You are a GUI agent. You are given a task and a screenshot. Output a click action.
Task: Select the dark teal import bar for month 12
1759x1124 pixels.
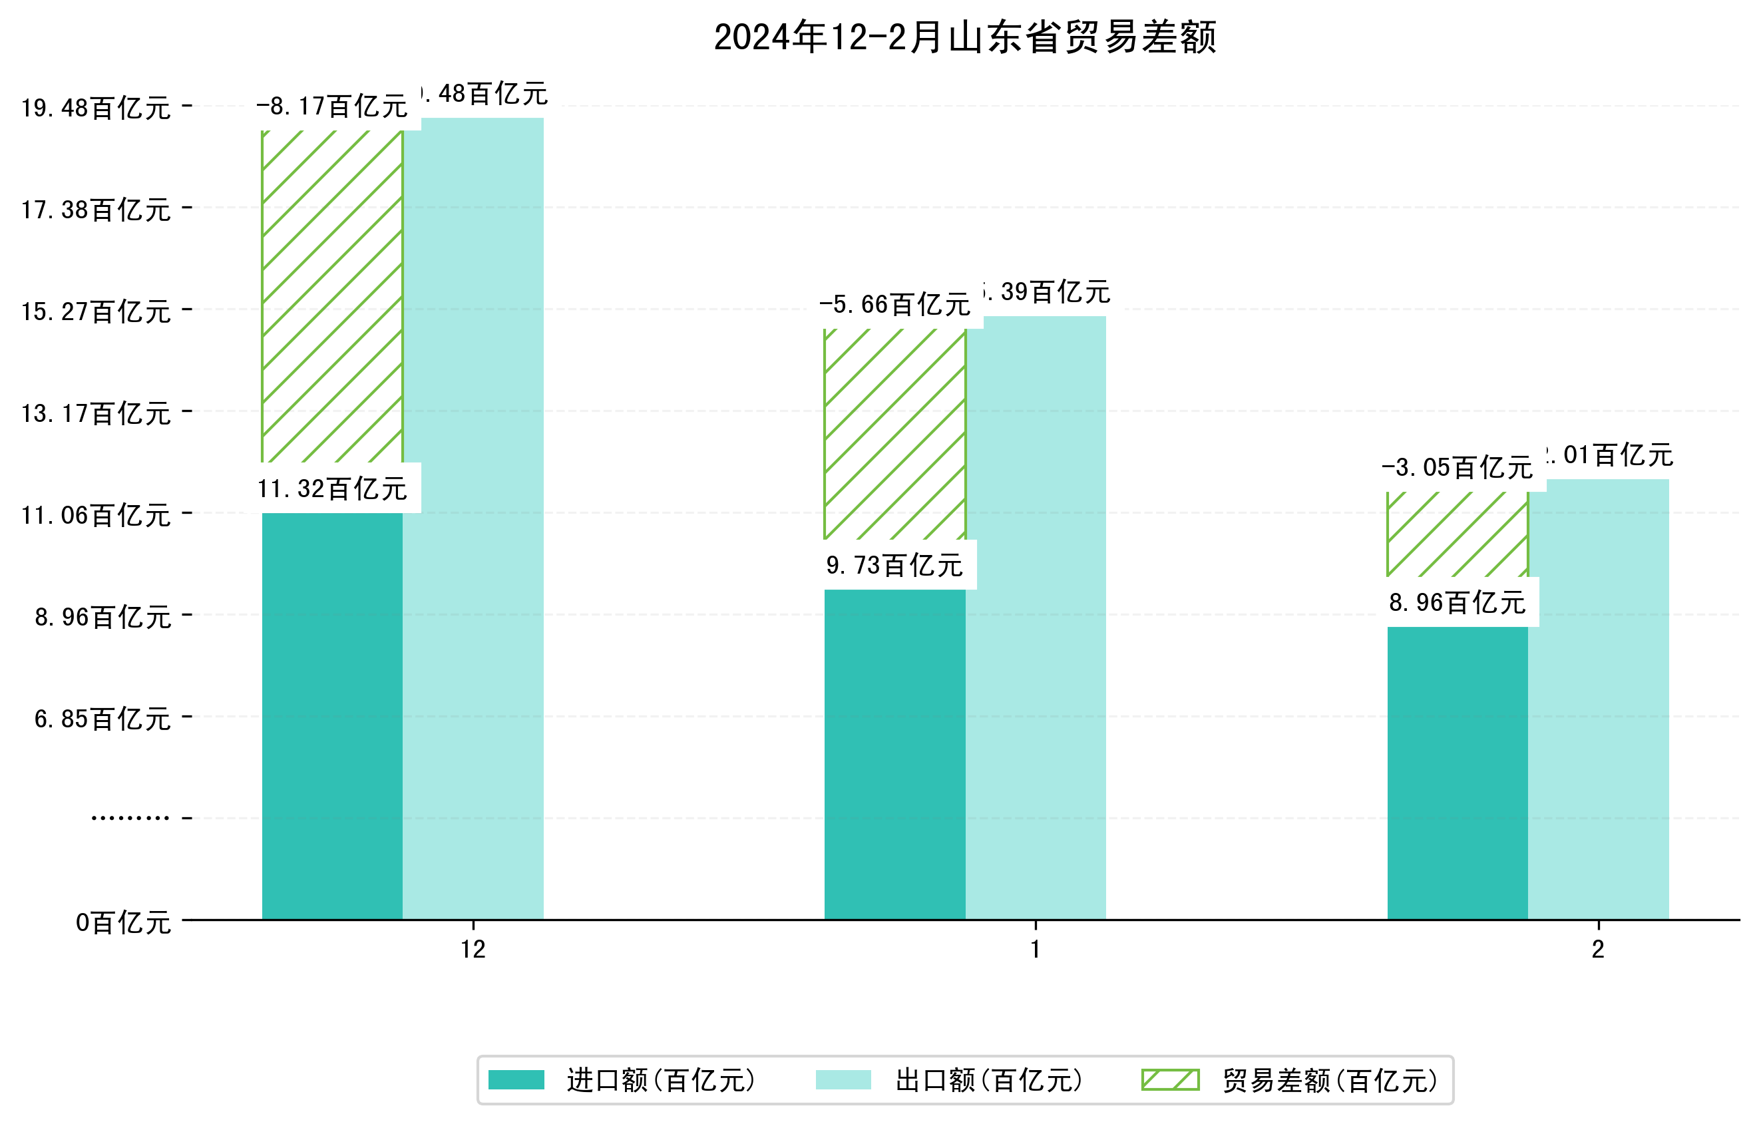(332, 716)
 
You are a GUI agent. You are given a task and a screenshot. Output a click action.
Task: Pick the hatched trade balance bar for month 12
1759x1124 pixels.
(332, 295)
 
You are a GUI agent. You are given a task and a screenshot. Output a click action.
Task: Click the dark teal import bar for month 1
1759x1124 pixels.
(895, 752)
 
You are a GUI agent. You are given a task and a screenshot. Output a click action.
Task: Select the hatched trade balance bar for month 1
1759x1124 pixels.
(895, 435)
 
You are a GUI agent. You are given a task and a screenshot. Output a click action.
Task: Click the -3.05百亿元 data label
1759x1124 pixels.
(1458, 467)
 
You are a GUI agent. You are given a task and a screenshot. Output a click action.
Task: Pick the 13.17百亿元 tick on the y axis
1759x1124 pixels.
(96, 413)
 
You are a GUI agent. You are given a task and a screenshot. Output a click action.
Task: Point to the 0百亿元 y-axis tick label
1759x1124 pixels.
(123, 922)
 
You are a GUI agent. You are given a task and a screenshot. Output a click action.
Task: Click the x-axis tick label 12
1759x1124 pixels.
(473, 950)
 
